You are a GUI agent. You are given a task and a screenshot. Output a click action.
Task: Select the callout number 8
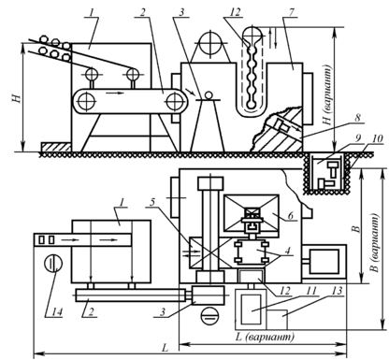click(358, 118)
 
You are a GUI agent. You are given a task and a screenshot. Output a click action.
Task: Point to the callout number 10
click(377, 138)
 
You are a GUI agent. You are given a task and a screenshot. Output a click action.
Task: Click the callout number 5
click(151, 202)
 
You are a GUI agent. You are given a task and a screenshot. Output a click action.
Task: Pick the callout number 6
click(290, 216)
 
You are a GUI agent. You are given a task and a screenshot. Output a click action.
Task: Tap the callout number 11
click(310, 291)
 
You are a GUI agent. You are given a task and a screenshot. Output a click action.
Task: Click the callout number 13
click(337, 291)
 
